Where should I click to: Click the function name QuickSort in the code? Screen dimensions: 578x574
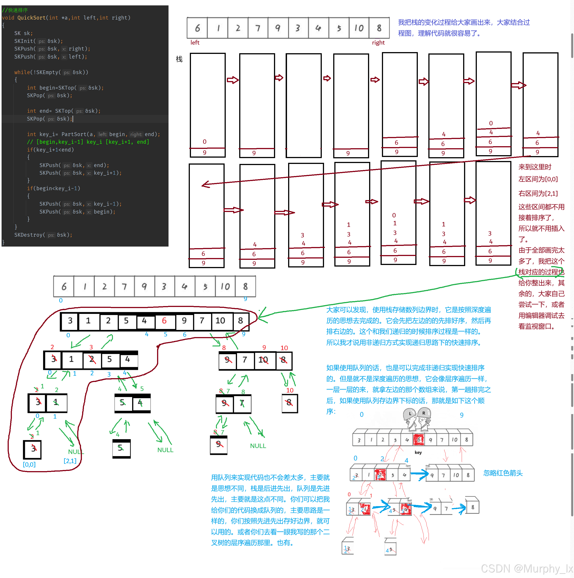coord(31,18)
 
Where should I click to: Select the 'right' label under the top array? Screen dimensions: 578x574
coord(378,42)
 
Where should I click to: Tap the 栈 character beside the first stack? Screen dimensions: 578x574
coord(179,59)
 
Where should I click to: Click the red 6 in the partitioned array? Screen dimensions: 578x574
coord(164,321)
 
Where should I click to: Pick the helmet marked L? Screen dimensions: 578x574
coord(410,414)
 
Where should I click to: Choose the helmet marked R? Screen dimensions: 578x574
coord(424,413)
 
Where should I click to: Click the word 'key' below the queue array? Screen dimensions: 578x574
coord(418,452)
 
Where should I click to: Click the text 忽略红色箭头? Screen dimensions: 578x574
coord(503,473)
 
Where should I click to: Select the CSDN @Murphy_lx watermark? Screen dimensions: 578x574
coord(526,568)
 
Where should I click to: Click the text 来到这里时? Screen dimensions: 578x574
coord(535,167)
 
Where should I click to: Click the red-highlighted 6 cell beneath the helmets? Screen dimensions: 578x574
coord(418,439)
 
